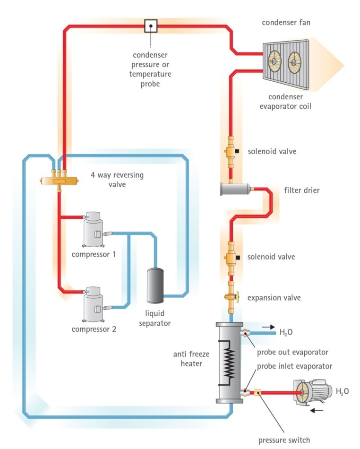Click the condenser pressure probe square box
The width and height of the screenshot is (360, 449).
[x=151, y=26]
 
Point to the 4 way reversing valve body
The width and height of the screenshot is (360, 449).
[x=59, y=180]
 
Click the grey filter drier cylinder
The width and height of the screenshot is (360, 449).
[x=236, y=190]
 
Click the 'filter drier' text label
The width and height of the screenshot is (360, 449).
[x=301, y=190]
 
